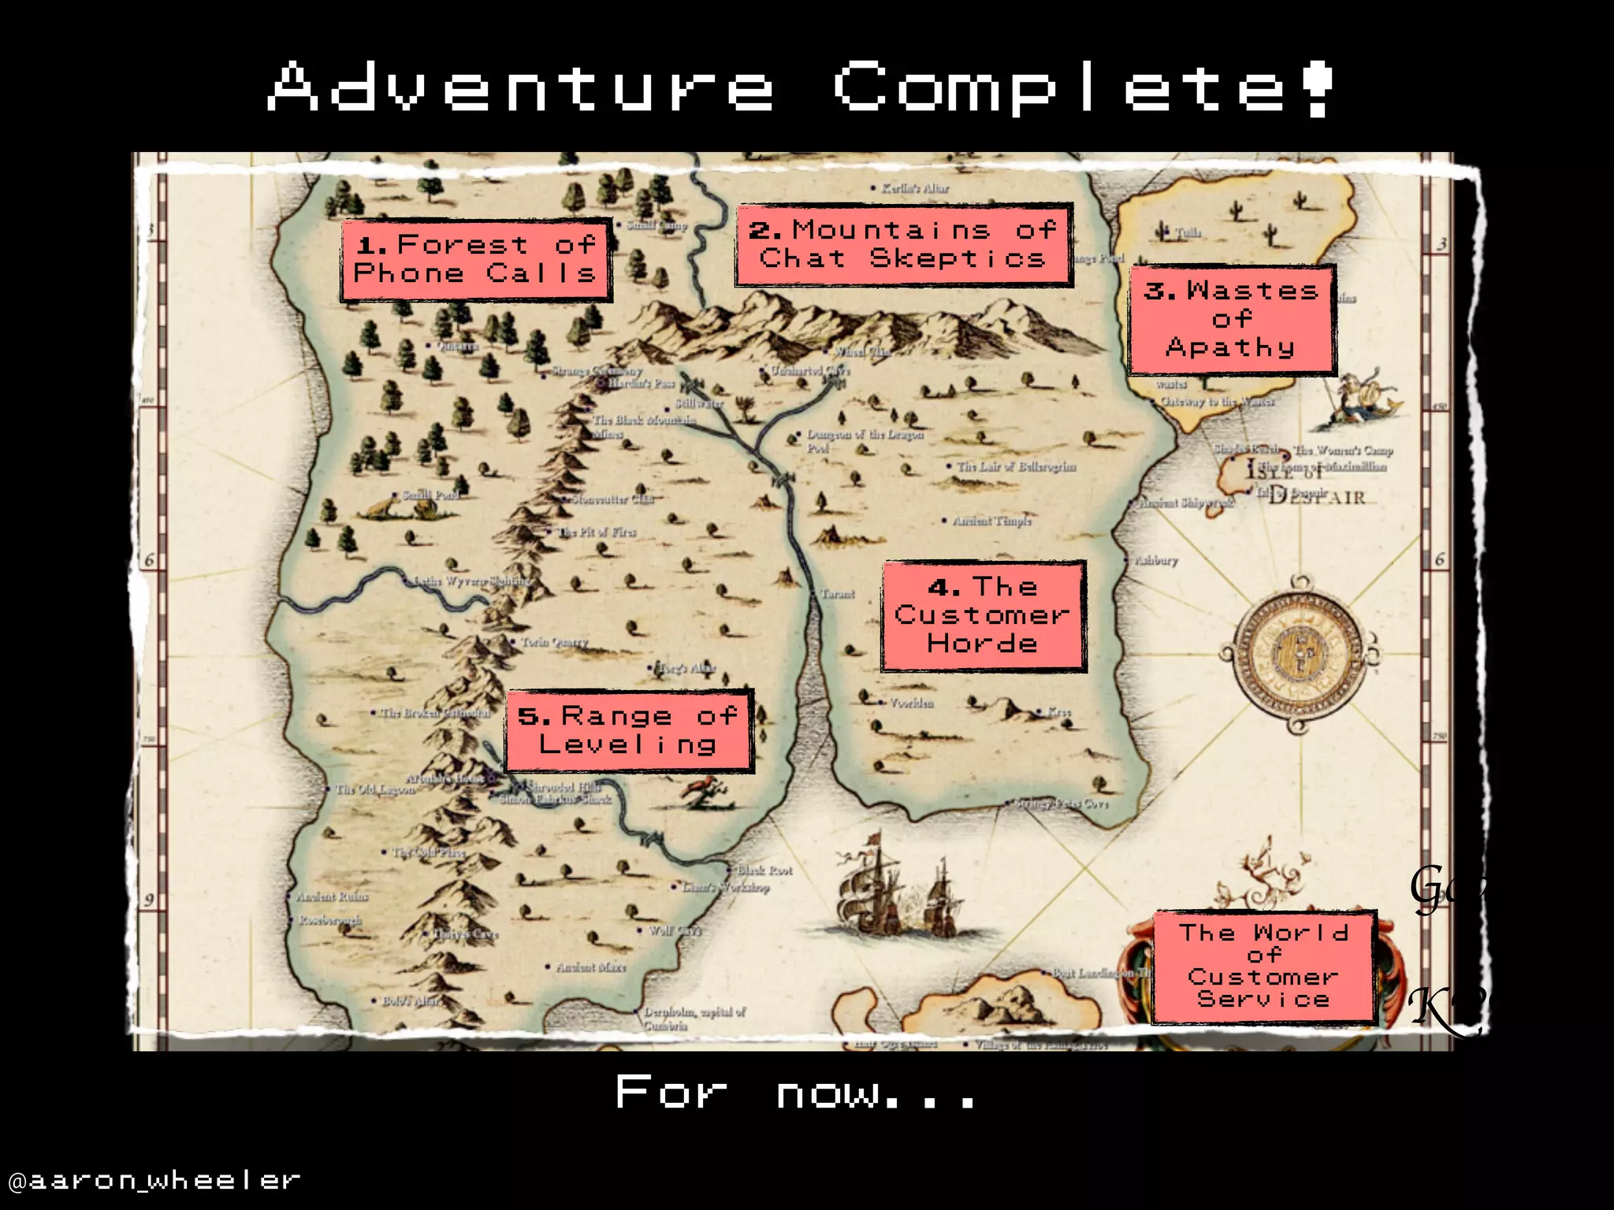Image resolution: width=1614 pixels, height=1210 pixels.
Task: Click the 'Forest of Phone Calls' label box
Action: coord(476,260)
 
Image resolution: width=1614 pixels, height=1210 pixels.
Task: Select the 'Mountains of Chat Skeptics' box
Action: coord(903,245)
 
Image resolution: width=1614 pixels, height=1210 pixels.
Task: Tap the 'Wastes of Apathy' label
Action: coord(1231,320)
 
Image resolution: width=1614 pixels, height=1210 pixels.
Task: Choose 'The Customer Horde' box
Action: coord(983,616)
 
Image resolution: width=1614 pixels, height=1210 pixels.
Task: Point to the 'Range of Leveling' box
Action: coord(629,731)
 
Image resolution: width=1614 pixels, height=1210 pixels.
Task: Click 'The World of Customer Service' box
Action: coord(1263,967)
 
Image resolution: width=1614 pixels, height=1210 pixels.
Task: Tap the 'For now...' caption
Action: coord(796,1093)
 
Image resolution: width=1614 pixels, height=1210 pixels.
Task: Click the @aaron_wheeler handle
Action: coord(154,1180)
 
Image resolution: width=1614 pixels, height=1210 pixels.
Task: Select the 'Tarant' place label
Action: coord(837,594)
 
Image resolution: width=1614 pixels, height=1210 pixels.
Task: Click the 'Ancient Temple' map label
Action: coord(991,521)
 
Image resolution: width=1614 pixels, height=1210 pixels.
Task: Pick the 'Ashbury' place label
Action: coord(1155,561)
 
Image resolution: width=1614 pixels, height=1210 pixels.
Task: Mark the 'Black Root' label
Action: coord(764,870)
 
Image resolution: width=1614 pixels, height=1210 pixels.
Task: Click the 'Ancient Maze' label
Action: coord(590,967)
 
